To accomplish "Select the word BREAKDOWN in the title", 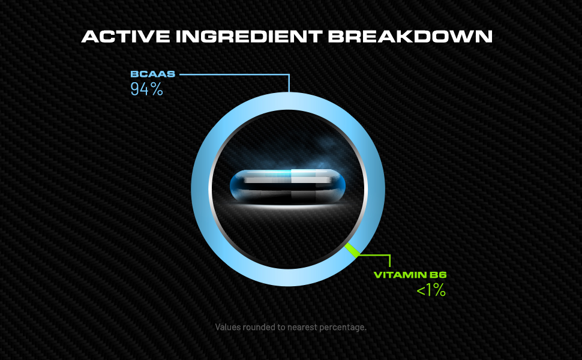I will point(410,36).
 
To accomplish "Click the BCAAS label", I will point(152,75).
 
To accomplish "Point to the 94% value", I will point(147,90).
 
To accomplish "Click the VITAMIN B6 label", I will point(410,275).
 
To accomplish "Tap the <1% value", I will point(431,291).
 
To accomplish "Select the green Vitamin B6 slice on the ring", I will point(352,250).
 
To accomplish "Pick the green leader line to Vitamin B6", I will point(378,256).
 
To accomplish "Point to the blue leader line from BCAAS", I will point(240,75).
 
